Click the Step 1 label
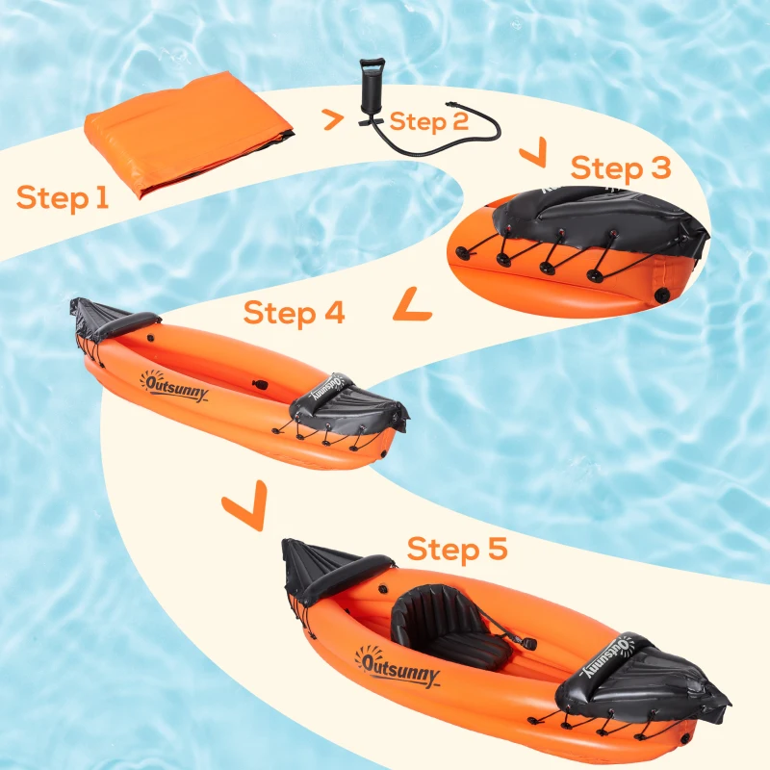pos(63,197)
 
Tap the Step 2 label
pos(429,122)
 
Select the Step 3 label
pos(620,168)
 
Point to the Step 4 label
pos(294,313)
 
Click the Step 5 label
pos(456,551)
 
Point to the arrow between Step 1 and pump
pos(332,120)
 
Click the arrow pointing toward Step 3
pos(532,151)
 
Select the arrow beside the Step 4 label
pos(412,305)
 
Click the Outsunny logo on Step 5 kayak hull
pos(398,665)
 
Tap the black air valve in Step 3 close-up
pos(662,292)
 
